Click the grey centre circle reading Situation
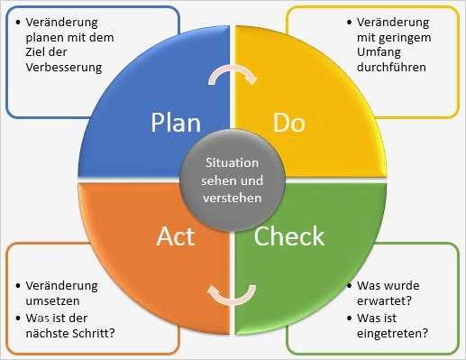pyautogui.click(x=233, y=179)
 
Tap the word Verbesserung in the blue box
pyautogui.click(x=63, y=67)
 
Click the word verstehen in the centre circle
pyautogui.click(x=233, y=196)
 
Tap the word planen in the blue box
pyautogui.click(x=48, y=36)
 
